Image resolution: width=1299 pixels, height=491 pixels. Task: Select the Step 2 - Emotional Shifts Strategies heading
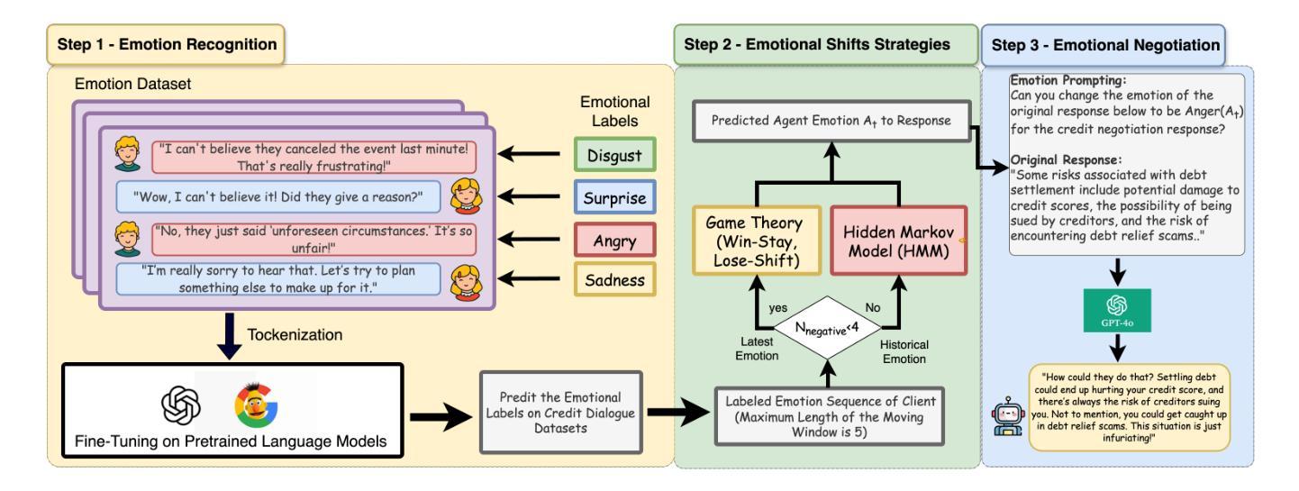tap(825, 42)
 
